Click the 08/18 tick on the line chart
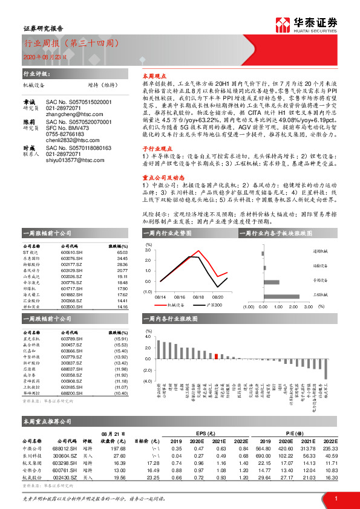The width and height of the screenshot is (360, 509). [199, 297]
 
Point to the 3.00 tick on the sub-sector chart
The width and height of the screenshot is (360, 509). [308, 307]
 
